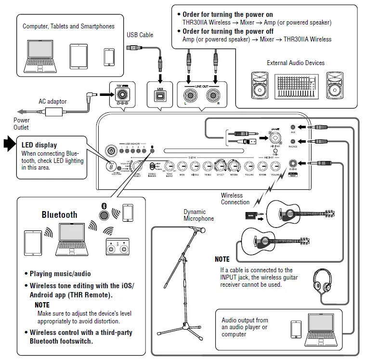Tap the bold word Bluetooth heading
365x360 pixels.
pyautogui.click(x=59, y=215)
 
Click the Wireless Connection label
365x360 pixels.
pyautogui.click(x=235, y=199)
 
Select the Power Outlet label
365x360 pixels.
pyautogui.click(x=21, y=123)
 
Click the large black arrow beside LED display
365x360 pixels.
pyautogui.click(x=9, y=143)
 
